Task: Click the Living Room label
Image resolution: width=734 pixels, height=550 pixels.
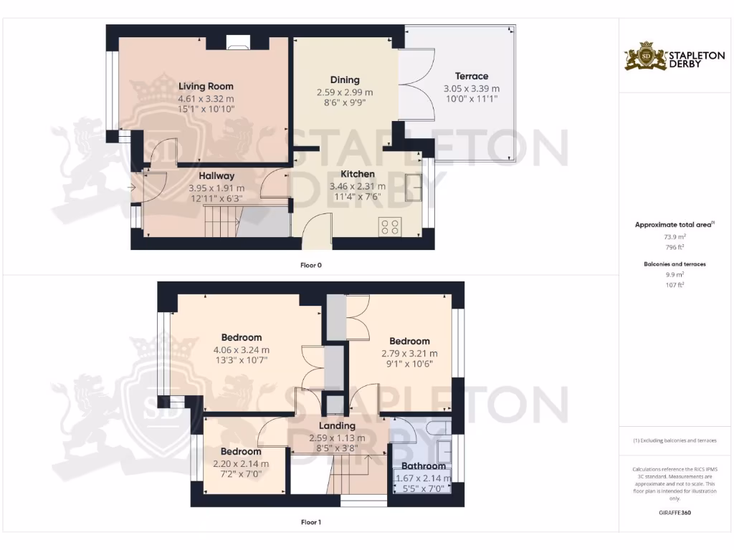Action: (206, 87)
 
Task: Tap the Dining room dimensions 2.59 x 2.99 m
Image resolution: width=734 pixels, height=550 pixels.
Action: (344, 92)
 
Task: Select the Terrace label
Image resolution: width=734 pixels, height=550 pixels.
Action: (471, 76)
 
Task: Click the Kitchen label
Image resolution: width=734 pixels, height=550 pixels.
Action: (357, 174)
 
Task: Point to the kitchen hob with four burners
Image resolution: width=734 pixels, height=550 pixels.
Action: (391, 227)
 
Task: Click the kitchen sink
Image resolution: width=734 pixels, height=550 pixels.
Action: (414, 188)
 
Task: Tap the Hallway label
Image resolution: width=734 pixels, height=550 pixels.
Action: (216, 176)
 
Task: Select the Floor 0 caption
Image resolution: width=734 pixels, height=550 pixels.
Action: (311, 265)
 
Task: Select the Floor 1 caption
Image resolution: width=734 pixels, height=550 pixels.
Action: (311, 522)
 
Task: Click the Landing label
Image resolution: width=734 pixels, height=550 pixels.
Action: (337, 426)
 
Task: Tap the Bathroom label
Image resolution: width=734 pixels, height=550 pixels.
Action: (423, 466)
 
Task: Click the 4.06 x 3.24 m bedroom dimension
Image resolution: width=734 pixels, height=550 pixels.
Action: (241, 350)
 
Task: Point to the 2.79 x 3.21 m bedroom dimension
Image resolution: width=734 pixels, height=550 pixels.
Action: (409, 353)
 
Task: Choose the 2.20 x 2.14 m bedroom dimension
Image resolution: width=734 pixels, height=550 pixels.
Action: (240, 463)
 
